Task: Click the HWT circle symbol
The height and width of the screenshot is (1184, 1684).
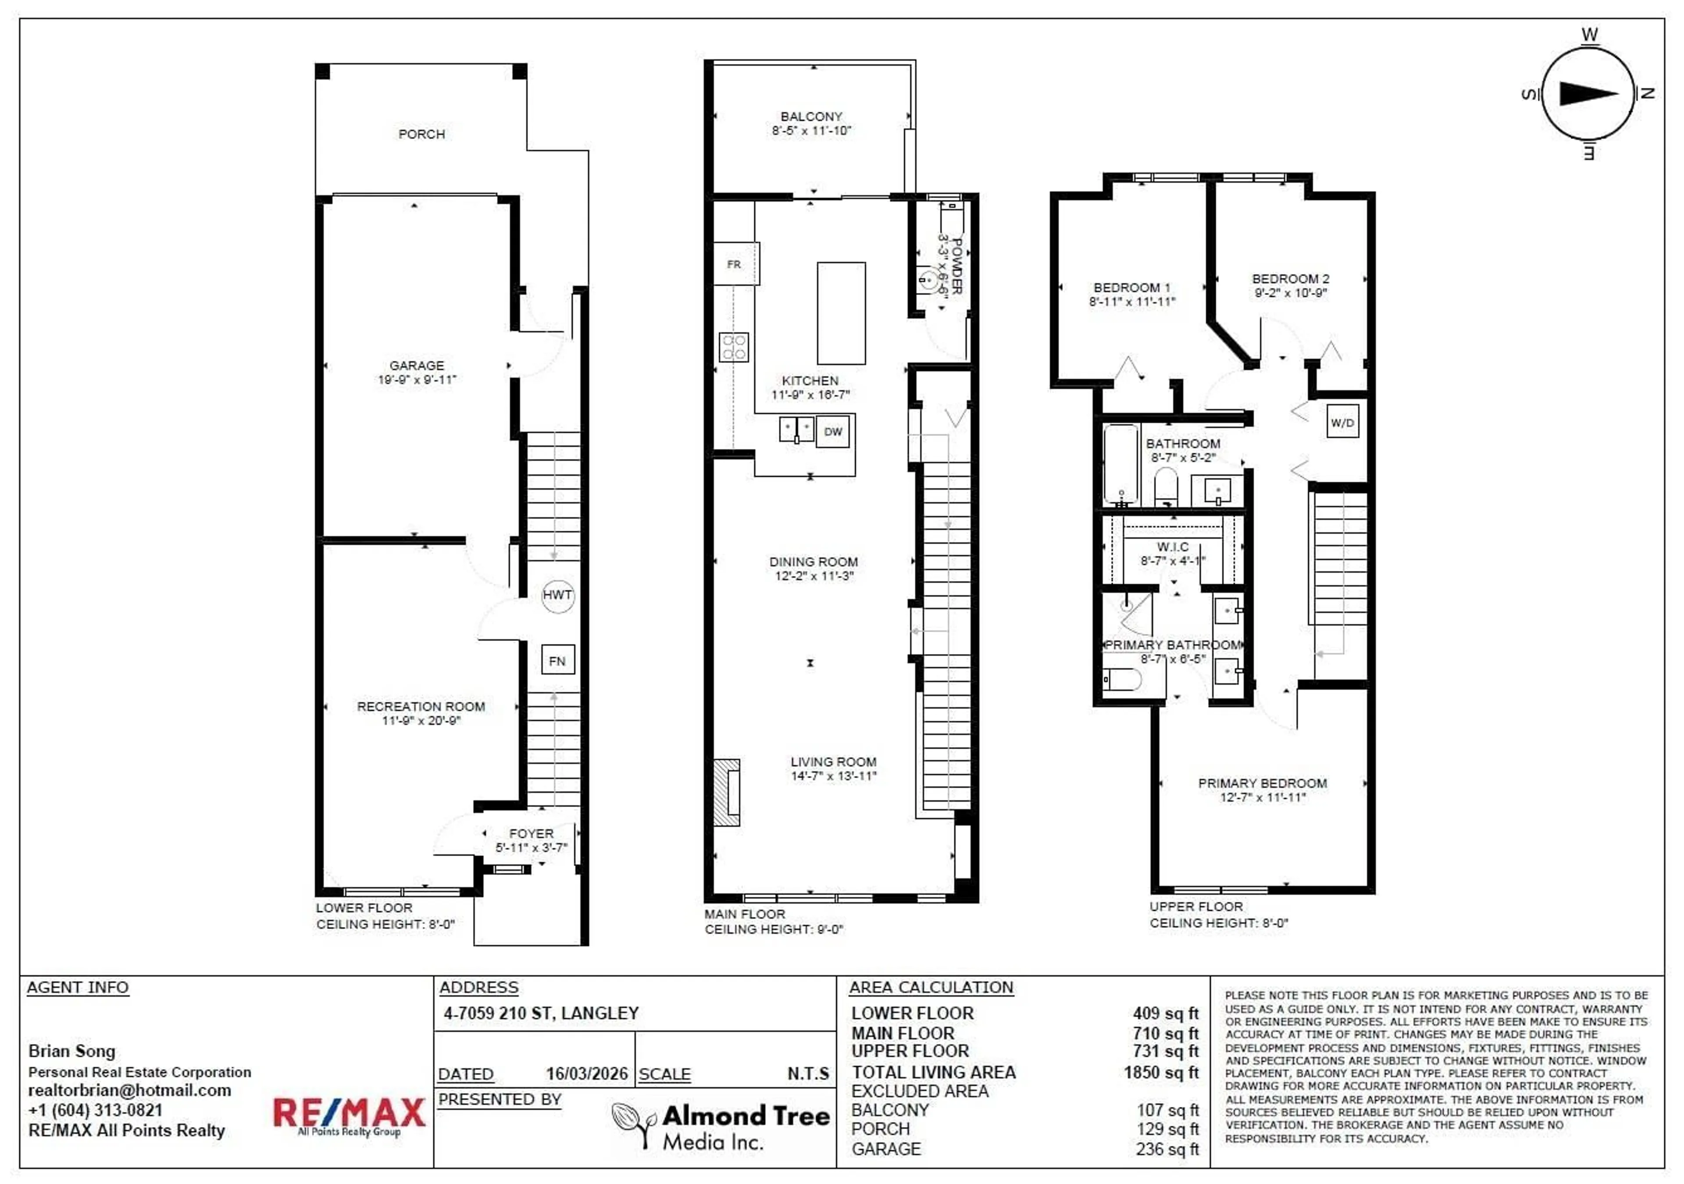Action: point(557,595)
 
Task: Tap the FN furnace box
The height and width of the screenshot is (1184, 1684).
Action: point(557,661)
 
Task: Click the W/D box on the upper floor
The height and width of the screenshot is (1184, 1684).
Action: point(1342,422)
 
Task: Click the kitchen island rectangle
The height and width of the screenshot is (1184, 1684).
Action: point(841,313)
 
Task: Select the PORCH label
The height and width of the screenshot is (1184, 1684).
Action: point(422,134)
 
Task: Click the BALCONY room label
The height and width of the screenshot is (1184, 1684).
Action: point(811,117)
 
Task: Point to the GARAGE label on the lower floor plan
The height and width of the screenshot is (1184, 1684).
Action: point(417,365)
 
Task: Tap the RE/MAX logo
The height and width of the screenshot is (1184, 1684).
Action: point(349,1114)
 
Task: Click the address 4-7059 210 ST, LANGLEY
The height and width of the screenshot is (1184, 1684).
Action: point(541,1013)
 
